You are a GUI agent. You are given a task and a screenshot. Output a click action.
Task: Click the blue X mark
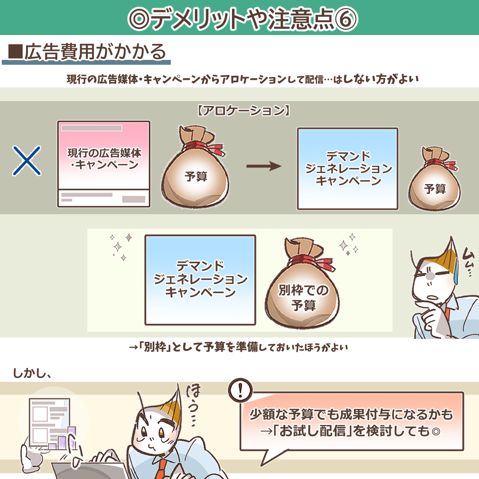pyautogui.click(x=27, y=161)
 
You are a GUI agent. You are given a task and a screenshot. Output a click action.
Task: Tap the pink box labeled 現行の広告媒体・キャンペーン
pyautogui.click(x=104, y=164)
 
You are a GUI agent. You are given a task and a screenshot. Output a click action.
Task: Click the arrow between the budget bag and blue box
pyautogui.click(x=263, y=166)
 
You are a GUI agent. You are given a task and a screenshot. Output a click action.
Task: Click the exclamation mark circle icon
pyautogui.click(x=240, y=390)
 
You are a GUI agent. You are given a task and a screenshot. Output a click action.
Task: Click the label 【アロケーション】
pyautogui.click(x=243, y=110)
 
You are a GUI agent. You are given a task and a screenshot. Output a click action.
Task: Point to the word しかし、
pyautogui.click(x=32, y=373)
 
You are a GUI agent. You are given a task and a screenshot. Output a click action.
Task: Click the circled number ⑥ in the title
pyautogui.click(x=346, y=19)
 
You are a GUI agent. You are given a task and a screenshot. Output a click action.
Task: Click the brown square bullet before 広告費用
pyautogui.click(x=16, y=51)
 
